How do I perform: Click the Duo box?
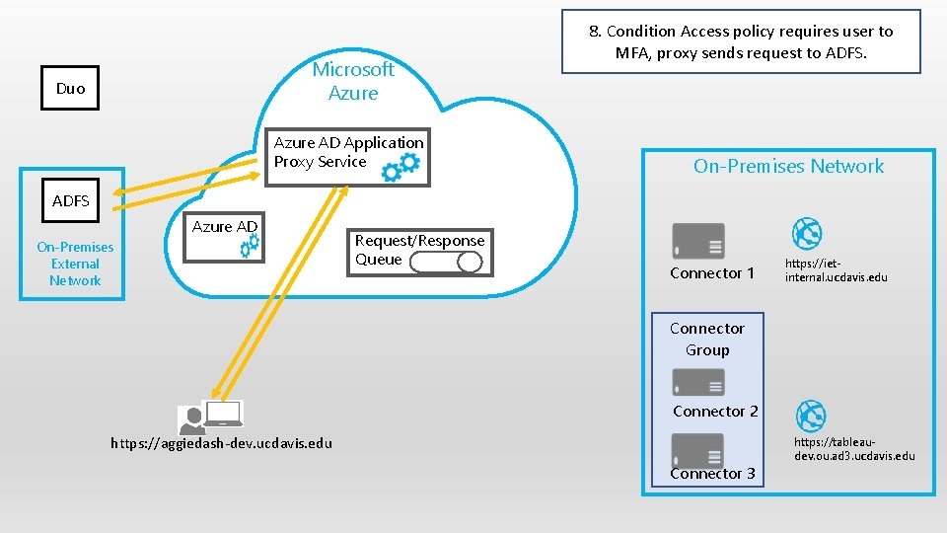click(x=70, y=88)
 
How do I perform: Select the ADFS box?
click(x=71, y=201)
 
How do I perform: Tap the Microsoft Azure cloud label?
click(x=352, y=81)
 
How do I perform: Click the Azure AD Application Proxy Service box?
click(x=348, y=157)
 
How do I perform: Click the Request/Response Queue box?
click(x=420, y=251)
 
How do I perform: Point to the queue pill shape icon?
click(x=446, y=262)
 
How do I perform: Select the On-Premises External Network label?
click(x=75, y=264)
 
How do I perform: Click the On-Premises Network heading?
click(x=788, y=166)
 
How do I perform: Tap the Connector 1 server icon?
click(x=697, y=241)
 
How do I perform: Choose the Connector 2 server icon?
click(x=697, y=382)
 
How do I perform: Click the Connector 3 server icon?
click(x=697, y=450)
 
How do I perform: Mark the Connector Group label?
click(x=707, y=339)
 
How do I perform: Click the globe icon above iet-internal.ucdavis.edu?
click(x=808, y=234)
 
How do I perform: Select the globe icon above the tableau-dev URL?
click(x=810, y=416)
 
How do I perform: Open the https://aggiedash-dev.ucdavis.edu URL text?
click(x=222, y=443)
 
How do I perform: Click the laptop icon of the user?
click(x=223, y=415)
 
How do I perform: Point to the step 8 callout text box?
click(x=741, y=41)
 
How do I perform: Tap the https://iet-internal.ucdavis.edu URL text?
click(x=836, y=270)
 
